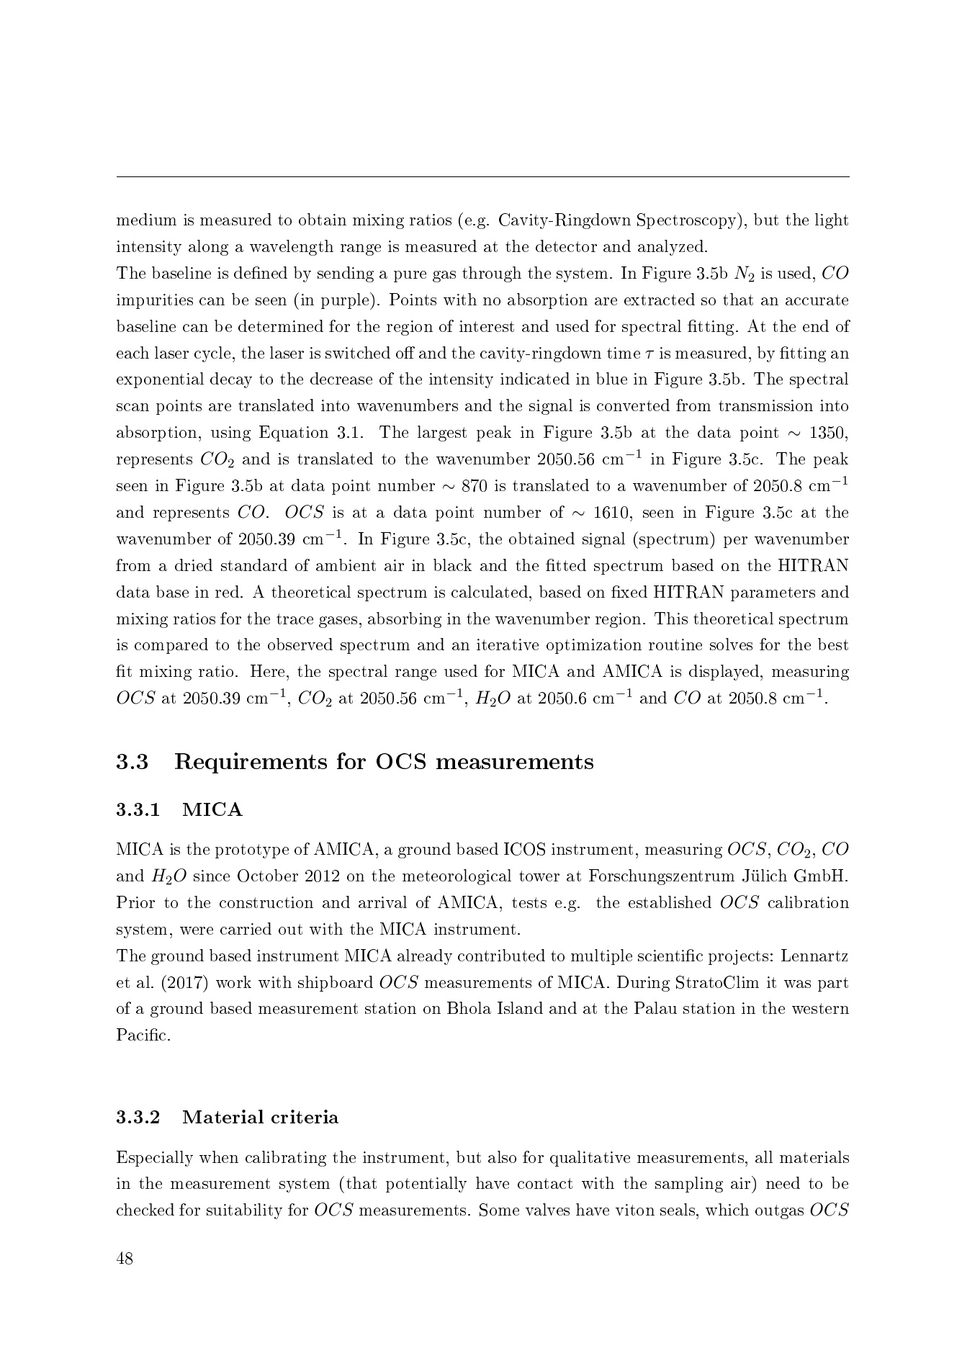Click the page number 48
click(125, 1259)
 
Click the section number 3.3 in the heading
click(132, 761)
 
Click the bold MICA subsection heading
click(212, 810)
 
